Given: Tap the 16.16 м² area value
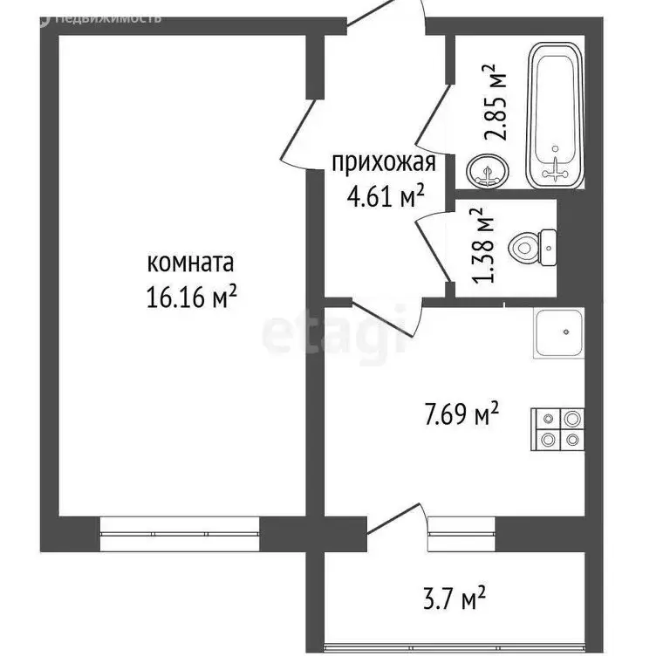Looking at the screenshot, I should click(x=193, y=297).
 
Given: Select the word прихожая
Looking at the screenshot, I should click(x=384, y=162).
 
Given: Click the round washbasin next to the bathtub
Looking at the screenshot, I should click(x=485, y=168).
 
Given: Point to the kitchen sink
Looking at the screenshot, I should click(x=558, y=334).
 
